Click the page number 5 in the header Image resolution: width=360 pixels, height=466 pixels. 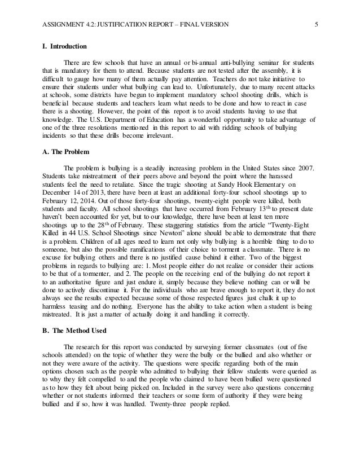(317, 24)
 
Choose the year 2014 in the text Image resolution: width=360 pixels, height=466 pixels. (99, 209)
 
